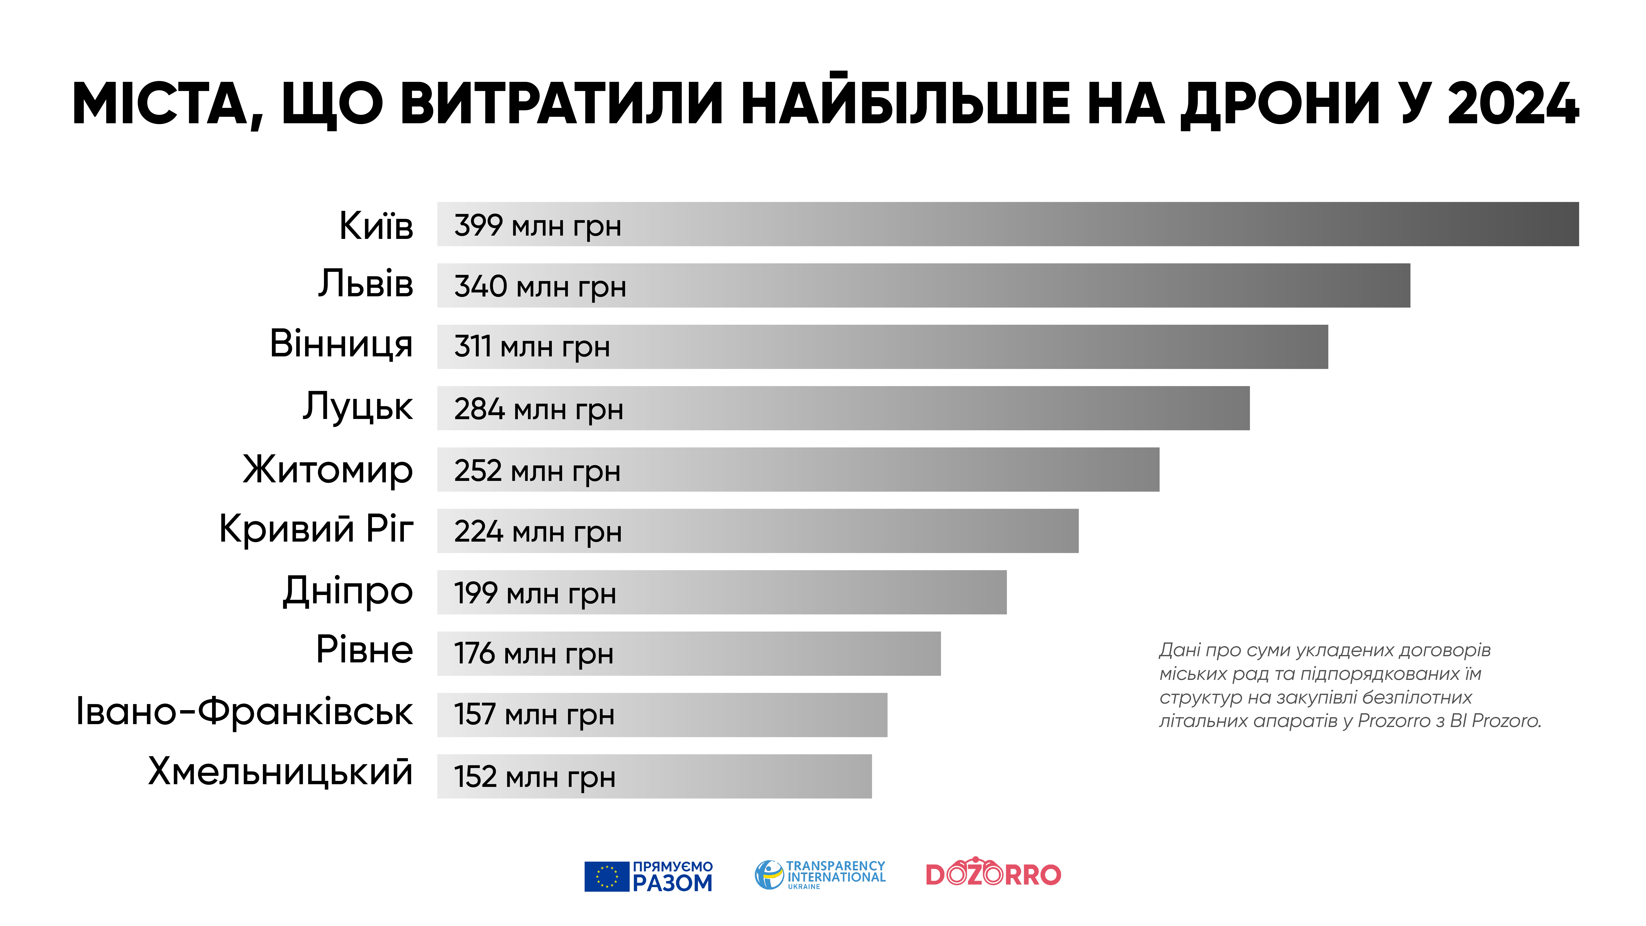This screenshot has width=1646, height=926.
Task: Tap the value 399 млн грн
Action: pyautogui.click(x=537, y=226)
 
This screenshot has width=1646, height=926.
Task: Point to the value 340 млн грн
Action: pyautogui.click(x=540, y=286)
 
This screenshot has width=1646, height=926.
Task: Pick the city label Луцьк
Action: pyautogui.click(x=358, y=407)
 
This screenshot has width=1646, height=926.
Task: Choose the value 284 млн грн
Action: pyautogui.click(x=539, y=409)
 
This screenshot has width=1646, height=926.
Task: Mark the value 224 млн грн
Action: pyautogui.click(x=538, y=532)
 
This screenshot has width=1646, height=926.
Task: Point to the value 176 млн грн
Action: pyautogui.click(x=534, y=654)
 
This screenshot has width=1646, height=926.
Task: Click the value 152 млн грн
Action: pyautogui.click(x=535, y=777)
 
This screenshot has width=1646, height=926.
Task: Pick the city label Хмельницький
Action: pyautogui.click(x=280, y=772)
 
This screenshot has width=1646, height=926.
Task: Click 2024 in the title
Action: pyautogui.click(x=1513, y=104)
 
